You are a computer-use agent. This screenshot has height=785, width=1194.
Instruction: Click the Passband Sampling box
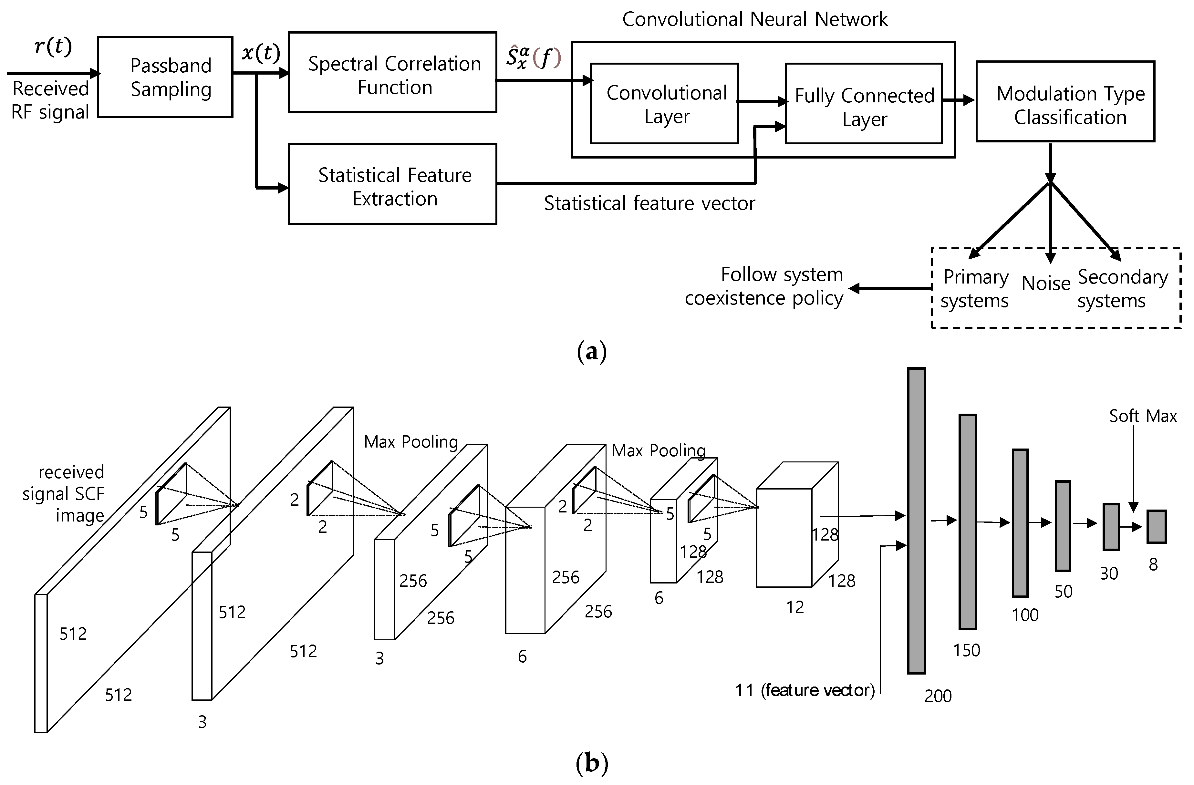pos(165,77)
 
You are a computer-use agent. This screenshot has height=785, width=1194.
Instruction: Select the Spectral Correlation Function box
pos(393,73)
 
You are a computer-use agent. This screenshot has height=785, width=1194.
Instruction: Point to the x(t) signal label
pos(260,53)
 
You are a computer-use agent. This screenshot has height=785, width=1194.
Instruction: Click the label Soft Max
pos(1142,416)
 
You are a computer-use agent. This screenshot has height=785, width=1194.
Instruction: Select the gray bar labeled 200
pos(916,520)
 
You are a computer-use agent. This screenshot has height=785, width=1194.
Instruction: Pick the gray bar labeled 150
pos(967,522)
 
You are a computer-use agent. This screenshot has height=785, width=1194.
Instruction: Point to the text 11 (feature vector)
pos(805,691)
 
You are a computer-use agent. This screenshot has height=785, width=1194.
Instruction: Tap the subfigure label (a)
pos(592,352)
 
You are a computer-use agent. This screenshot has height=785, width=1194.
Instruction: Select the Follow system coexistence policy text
pos(764,286)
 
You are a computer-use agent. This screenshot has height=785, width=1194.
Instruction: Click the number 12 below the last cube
pos(795,607)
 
